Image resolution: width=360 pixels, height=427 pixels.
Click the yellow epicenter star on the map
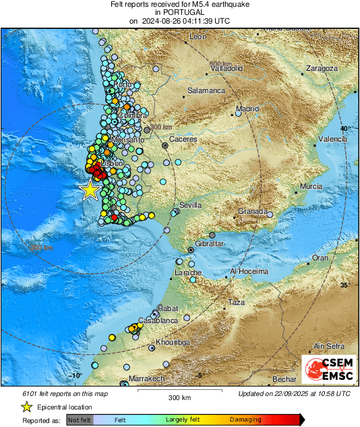pyautogui.click(x=90, y=190)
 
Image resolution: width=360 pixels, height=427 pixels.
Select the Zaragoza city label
pyautogui.click(x=321, y=68)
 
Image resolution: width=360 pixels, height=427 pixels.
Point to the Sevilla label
pyautogui.click(x=191, y=205)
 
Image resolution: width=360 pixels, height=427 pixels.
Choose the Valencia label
pyautogui.click(x=332, y=138)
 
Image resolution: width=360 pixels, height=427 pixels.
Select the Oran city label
pyautogui.click(x=320, y=258)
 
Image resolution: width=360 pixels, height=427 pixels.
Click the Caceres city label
pyautogui.click(x=182, y=138)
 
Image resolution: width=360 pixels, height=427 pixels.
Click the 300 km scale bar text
pyautogui.click(x=179, y=398)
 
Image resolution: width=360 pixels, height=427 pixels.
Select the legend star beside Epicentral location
pyautogui.click(x=26, y=407)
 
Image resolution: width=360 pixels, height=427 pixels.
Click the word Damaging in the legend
pyautogui.click(x=245, y=420)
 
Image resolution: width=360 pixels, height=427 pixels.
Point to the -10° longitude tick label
pyautogui.click(x=76, y=375)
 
